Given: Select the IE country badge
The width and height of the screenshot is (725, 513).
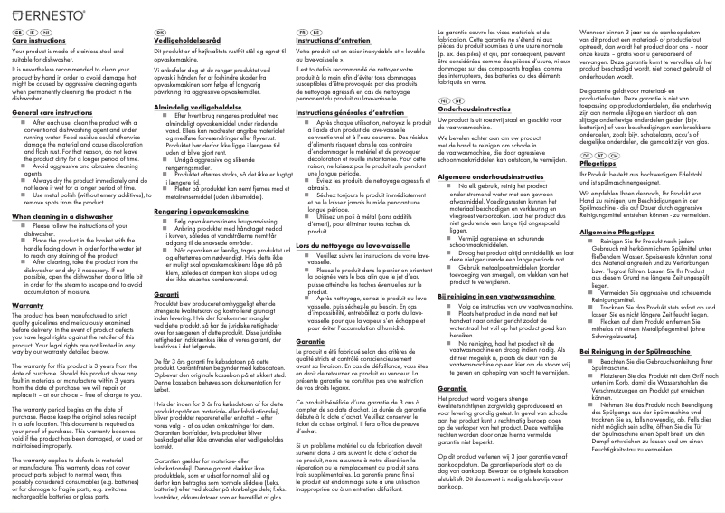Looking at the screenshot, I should (31, 32).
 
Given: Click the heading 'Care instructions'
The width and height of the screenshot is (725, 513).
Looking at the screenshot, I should (40, 41).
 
